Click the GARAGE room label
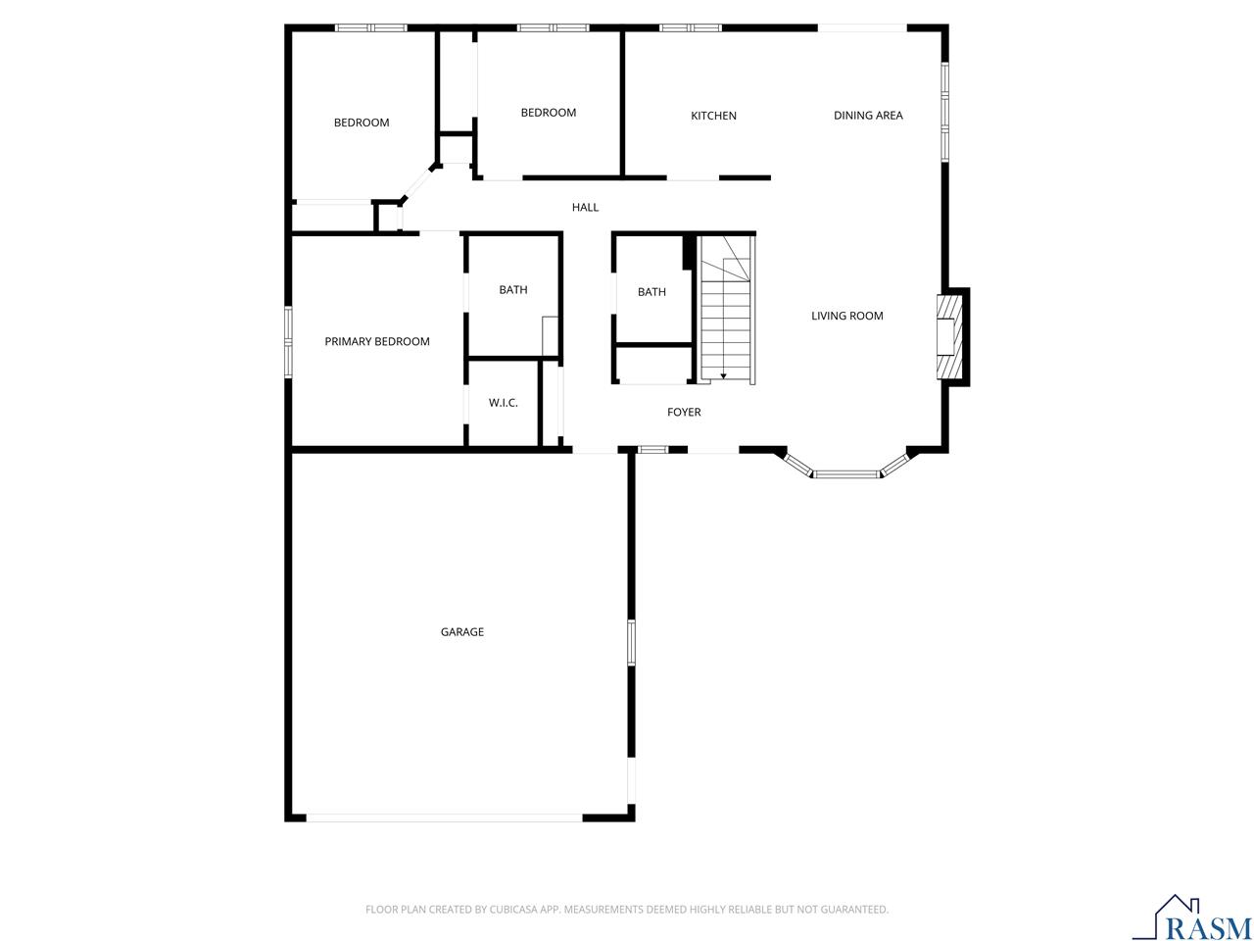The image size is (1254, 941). (461, 631)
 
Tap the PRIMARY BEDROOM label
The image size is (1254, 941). (376, 341)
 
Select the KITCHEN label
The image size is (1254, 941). (713, 116)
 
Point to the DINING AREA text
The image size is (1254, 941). (868, 116)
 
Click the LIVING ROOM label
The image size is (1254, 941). (846, 316)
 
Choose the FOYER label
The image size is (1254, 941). (683, 412)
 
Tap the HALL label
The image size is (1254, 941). (585, 207)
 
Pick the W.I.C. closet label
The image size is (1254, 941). (503, 402)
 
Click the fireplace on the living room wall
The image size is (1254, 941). (949, 336)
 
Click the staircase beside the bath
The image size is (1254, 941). (726, 309)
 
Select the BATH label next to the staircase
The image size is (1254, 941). (651, 292)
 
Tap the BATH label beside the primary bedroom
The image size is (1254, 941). (513, 290)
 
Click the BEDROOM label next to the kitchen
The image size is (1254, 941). (548, 113)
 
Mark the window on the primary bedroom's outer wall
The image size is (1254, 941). (288, 342)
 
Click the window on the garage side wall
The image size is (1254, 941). (631, 642)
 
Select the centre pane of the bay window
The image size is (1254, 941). (846, 473)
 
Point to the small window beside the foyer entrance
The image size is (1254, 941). (652, 450)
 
